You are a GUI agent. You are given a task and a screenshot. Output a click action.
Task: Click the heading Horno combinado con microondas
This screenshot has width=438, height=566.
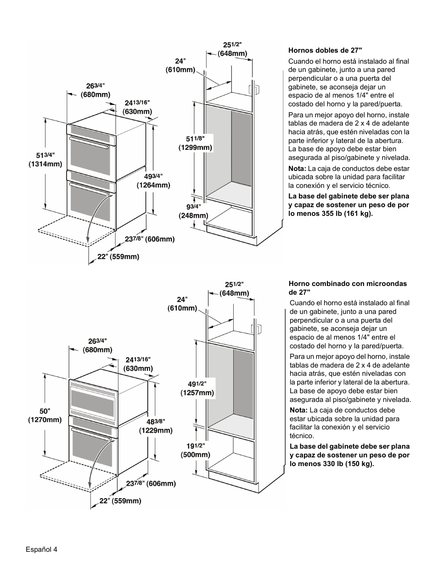click(348, 284)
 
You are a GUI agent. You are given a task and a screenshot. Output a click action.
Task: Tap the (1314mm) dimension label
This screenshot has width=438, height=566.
click(45, 164)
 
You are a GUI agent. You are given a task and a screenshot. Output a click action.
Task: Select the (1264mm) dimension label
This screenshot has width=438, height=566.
click(153, 186)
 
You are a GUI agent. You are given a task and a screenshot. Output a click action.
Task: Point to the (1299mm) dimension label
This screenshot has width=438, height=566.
click(195, 148)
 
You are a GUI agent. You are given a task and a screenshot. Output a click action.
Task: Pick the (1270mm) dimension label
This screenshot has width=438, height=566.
click(45, 419)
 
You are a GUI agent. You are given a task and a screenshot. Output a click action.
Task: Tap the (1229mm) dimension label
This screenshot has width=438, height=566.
click(156, 430)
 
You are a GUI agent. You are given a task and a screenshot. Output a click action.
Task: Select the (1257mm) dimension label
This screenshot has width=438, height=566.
click(197, 393)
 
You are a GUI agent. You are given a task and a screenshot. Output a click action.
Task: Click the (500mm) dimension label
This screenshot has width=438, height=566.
click(195, 455)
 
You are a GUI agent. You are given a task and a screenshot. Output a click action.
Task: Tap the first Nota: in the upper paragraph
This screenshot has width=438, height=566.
click(297, 169)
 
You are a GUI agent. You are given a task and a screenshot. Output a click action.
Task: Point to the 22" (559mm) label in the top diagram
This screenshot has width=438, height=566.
click(118, 257)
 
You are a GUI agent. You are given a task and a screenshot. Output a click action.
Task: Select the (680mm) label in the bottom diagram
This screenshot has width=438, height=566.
click(97, 350)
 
